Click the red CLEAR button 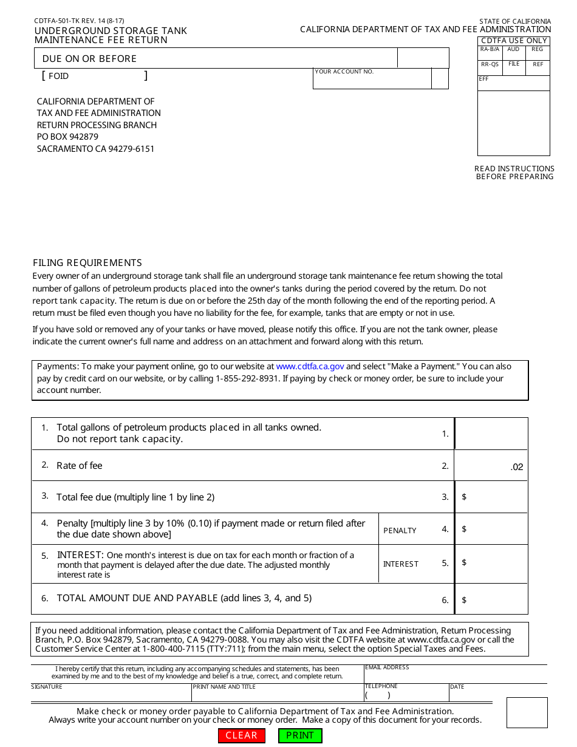(241, 735)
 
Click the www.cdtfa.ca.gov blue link (310, 367)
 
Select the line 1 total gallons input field (491, 434)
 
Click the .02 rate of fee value (516, 467)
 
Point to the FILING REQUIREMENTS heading (87, 263)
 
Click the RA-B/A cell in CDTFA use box (490, 53)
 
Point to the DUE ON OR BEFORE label (89, 59)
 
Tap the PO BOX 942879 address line (67, 137)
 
